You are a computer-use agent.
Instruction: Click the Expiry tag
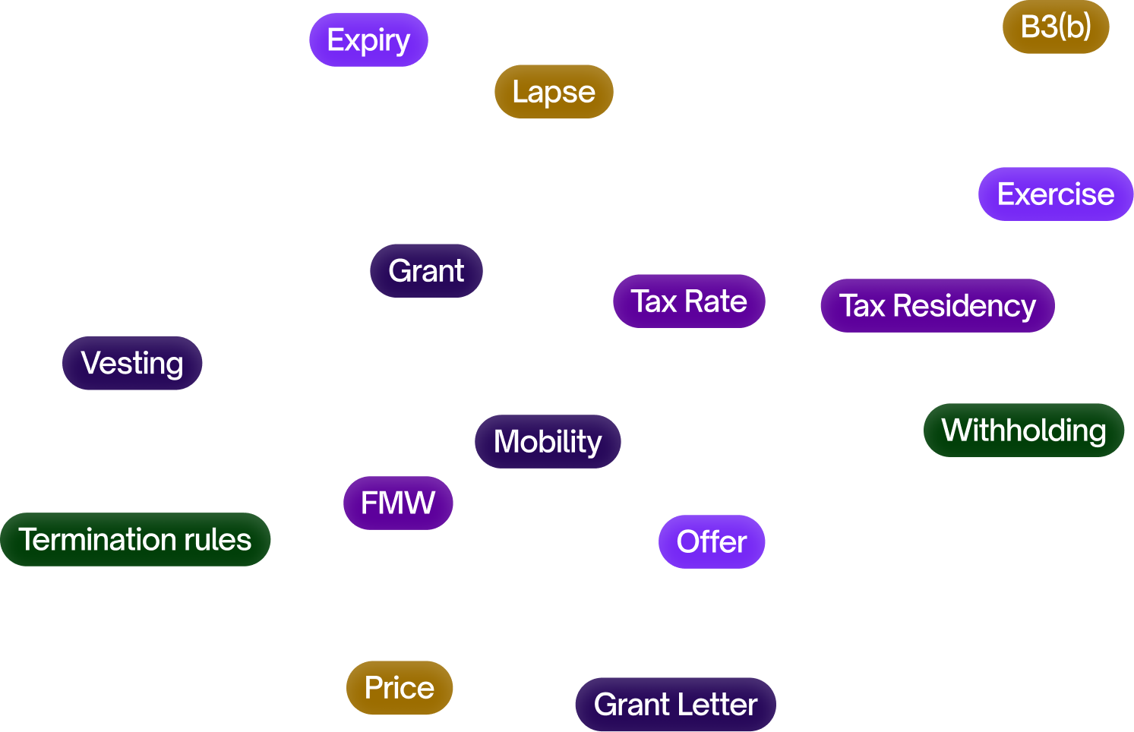(368, 39)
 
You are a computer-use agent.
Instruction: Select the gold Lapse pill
(554, 92)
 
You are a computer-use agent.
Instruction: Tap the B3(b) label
(1056, 27)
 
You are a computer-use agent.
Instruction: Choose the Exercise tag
(1056, 194)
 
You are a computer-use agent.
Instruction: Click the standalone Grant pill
(426, 271)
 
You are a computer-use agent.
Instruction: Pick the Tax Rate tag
(689, 301)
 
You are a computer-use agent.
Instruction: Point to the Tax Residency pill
(937, 306)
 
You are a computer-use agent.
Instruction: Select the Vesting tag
(132, 363)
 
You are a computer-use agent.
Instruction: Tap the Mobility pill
(548, 442)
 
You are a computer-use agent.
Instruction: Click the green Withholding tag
(1023, 431)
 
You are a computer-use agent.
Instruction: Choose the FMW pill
(398, 503)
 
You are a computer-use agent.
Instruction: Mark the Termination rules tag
(135, 540)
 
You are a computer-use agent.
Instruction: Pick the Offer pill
(712, 542)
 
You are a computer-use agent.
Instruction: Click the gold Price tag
(400, 688)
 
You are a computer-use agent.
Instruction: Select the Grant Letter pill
(675, 705)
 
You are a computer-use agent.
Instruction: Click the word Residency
(964, 306)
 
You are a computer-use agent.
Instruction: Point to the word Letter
(717, 705)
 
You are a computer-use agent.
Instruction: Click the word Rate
(715, 301)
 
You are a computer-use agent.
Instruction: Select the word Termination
(97, 540)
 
